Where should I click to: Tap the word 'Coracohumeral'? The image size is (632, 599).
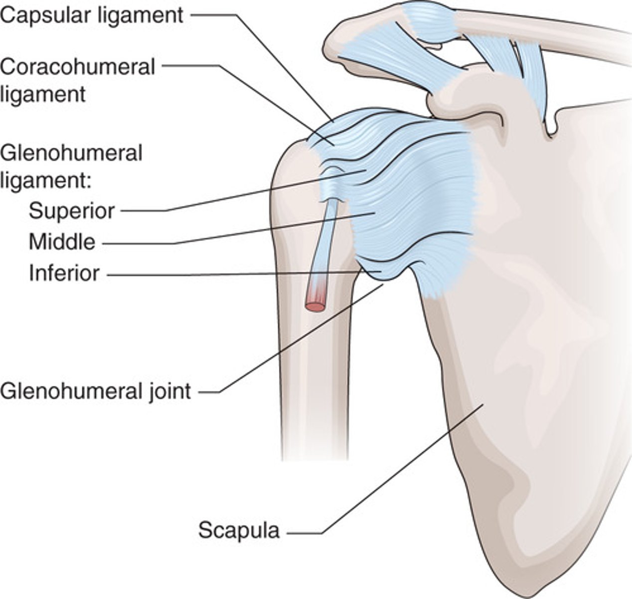(x=78, y=67)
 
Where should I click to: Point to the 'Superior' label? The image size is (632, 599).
(x=72, y=211)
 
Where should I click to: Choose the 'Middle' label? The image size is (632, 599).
(x=62, y=242)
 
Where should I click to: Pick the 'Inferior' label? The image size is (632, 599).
(x=64, y=274)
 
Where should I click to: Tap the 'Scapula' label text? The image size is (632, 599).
(x=239, y=530)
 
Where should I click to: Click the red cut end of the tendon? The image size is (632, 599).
(x=315, y=303)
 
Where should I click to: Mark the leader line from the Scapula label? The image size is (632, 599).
(x=399, y=469)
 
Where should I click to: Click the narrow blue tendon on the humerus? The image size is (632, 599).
(x=326, y=240)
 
